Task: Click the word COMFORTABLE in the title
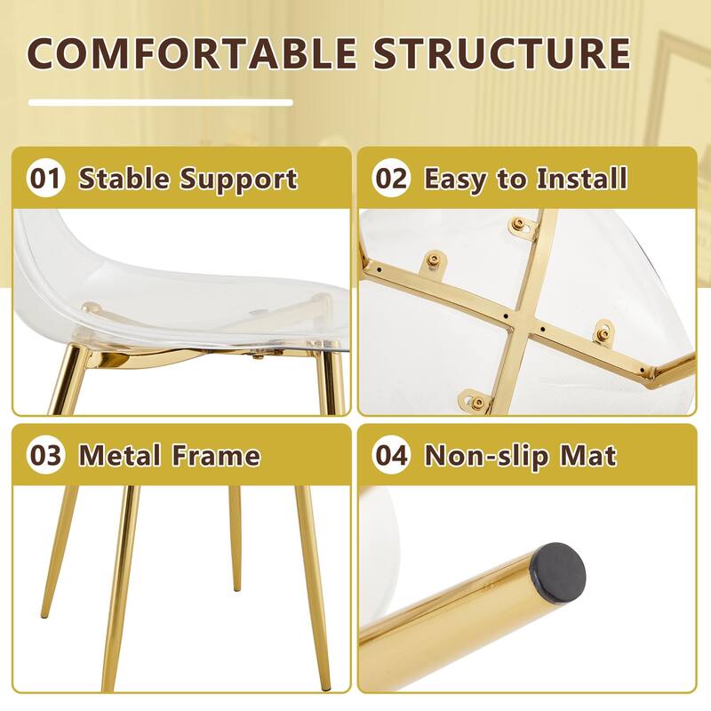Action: [192, 52]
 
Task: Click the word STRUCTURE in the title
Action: [501, 52]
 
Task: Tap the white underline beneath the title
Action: [161, 102]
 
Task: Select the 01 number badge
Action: [45, 178]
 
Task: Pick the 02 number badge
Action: [392, 178]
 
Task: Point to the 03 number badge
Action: [45, 455]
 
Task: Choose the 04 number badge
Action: [392, 455]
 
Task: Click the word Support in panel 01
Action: [238, 180]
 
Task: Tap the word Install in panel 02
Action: [582, 178]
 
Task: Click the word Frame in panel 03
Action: [216, 455]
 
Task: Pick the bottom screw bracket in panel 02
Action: [474, 401]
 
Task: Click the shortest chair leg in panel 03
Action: [235, 539]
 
